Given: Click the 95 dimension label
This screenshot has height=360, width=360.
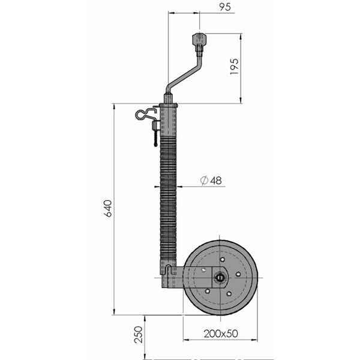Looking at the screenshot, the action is [225, 7].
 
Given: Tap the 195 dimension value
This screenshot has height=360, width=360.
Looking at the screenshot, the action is [235, 67].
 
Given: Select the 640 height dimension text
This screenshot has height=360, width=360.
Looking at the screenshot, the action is [108, 208].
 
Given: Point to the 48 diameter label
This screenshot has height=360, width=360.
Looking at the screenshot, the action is [216, 181].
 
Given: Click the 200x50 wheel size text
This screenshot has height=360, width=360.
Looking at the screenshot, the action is [221, 334].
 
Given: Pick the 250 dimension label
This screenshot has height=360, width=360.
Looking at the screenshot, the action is [139, 335].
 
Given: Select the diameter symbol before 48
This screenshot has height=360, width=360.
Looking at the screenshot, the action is [204, 181].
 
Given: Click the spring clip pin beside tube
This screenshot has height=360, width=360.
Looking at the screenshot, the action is [146, 115].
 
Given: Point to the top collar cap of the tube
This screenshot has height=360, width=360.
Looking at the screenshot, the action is [168, 106].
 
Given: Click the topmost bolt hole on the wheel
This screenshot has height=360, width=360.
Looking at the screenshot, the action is [222, 260].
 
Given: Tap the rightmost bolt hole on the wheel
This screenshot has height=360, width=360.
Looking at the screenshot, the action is [238, 274].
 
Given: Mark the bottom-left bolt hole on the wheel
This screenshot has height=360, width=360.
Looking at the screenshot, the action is [207, 291].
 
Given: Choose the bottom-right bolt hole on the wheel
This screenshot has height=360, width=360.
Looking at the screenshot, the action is [229, 293].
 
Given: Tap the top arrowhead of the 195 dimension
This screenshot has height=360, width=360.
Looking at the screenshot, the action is [241, 36].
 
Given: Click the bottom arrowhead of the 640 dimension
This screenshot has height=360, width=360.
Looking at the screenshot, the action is [114, 312].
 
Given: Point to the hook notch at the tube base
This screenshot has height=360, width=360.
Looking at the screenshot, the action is [169, 269].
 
